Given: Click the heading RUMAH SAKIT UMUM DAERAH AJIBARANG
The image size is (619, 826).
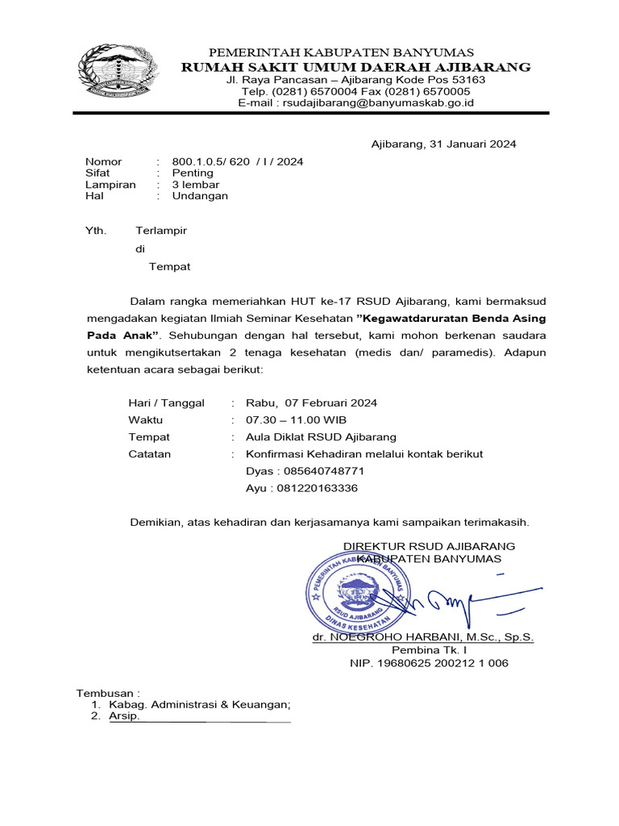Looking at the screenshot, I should (x=355, y=67).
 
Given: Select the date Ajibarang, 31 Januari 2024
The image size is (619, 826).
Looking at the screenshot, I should (x=443, y=144).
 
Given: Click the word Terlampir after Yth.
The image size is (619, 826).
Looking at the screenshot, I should (x=161, y=231).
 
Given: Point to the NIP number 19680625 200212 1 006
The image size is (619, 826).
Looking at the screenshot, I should (x=429, y=664).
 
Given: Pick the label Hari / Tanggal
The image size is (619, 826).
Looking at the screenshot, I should (x=166, y=403).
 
